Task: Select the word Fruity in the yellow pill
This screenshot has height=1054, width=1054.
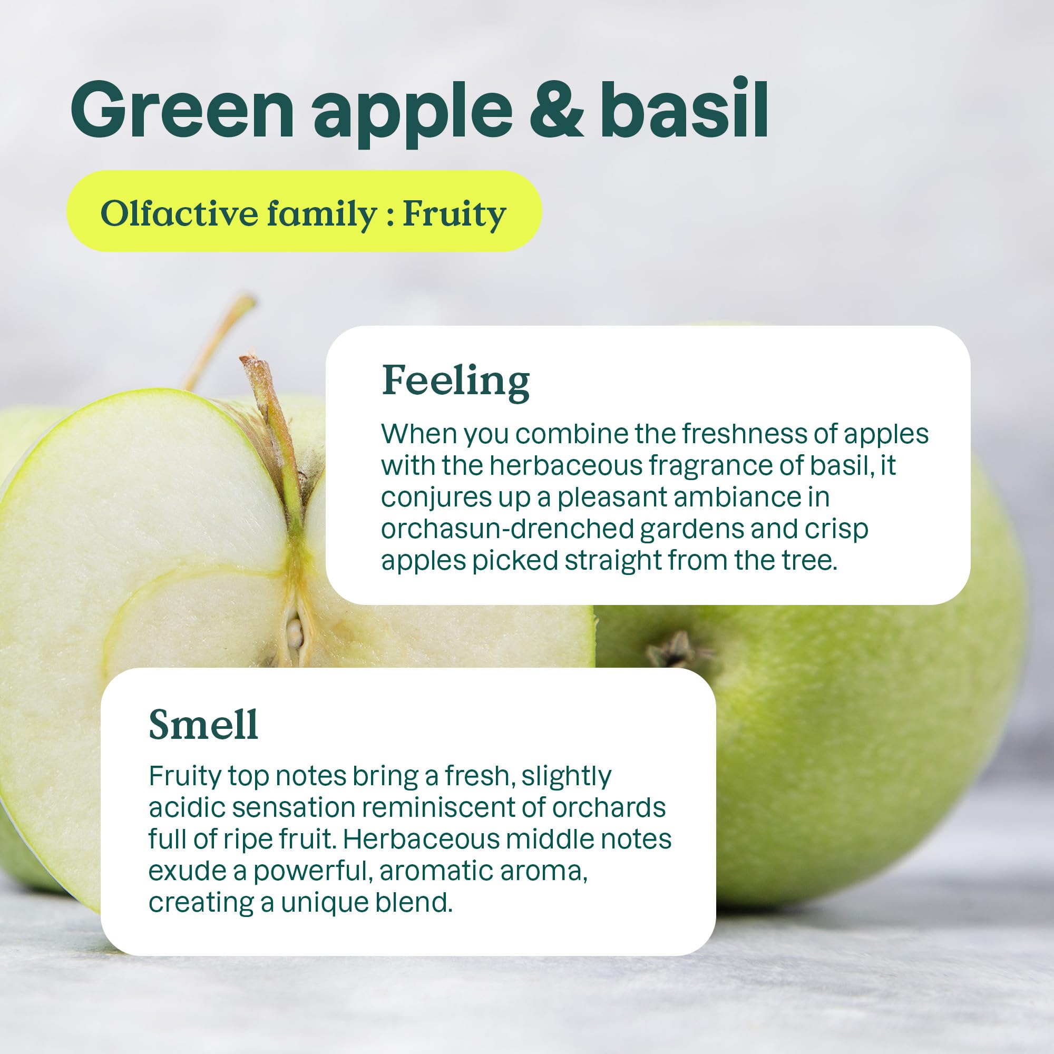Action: click(454, 214)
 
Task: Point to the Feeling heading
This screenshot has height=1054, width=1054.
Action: click(455, 382)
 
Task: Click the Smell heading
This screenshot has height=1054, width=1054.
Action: click(203, 725)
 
